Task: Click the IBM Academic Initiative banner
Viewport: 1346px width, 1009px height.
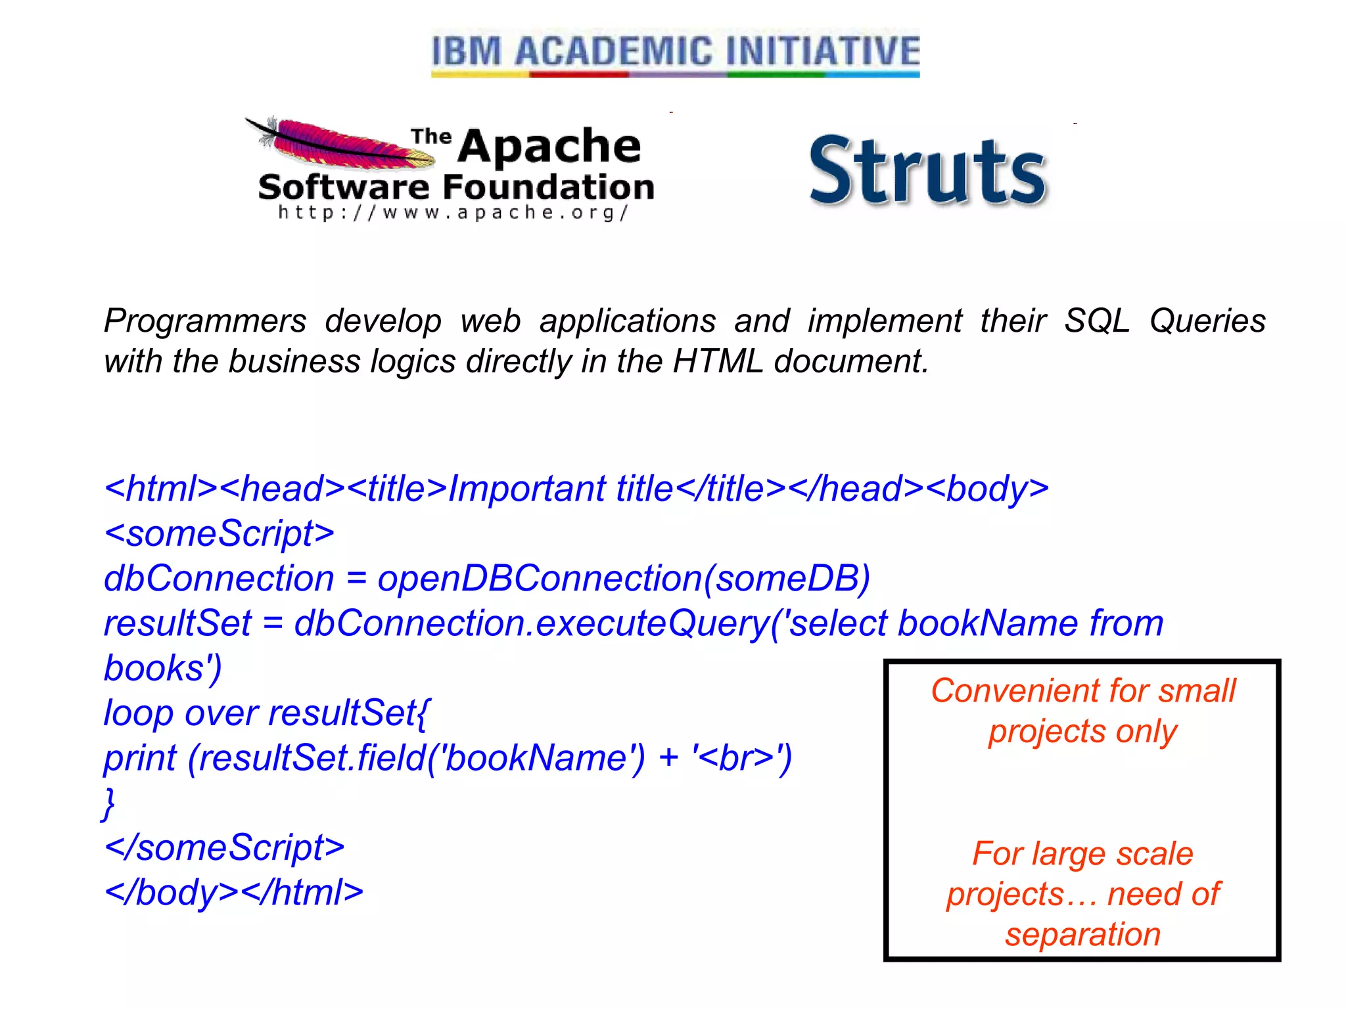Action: point(675,53)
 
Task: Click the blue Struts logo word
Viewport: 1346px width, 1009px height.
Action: point(927,171)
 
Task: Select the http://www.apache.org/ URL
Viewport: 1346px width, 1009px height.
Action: point(453,213)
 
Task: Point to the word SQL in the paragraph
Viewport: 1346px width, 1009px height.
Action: point(1096,321)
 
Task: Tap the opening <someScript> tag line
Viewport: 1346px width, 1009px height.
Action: point(220,533)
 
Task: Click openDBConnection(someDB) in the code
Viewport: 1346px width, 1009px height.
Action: point(623,579)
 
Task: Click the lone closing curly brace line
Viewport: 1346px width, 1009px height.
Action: point(109,803)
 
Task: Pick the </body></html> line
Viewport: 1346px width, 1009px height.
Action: point(234,892)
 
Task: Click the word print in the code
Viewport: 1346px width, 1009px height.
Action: point(140,758)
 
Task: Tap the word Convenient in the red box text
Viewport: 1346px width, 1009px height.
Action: point(1015,691)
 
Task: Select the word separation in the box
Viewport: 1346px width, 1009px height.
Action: point(1082,934)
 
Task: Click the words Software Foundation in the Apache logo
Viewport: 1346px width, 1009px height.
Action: point(456,187)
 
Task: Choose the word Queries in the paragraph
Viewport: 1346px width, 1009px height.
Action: point(1207,321)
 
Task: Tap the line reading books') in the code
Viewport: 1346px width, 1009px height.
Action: point(163,669)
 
